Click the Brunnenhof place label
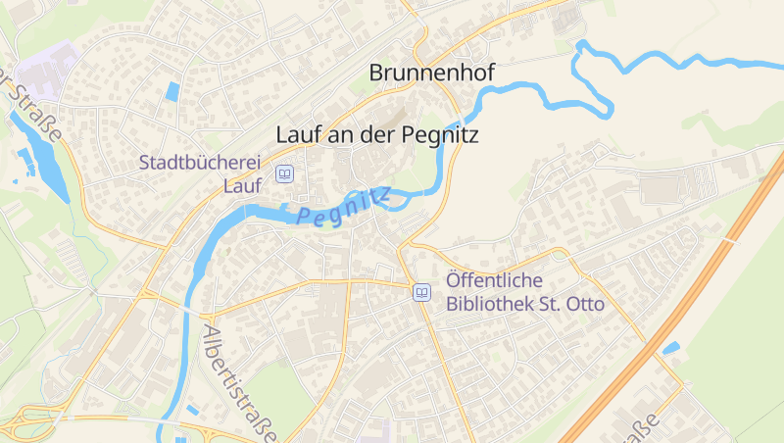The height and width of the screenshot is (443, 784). (432, 73)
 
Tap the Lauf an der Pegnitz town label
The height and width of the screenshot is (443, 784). (377, 134)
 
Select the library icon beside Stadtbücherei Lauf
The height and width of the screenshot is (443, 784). (284, 173)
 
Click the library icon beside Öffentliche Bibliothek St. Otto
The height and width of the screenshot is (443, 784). (421, 292)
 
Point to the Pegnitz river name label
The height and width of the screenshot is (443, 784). (343, 207)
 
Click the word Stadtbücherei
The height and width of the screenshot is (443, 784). (204, 163)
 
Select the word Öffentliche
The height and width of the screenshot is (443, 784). (494, 280)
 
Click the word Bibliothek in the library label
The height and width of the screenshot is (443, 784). (490, 304)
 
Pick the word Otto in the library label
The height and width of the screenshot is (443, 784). (585, 304)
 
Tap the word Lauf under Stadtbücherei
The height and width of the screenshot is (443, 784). (245, 185)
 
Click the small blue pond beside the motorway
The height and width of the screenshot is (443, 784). (671, 347)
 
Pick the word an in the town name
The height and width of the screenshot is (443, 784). (340, 134)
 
